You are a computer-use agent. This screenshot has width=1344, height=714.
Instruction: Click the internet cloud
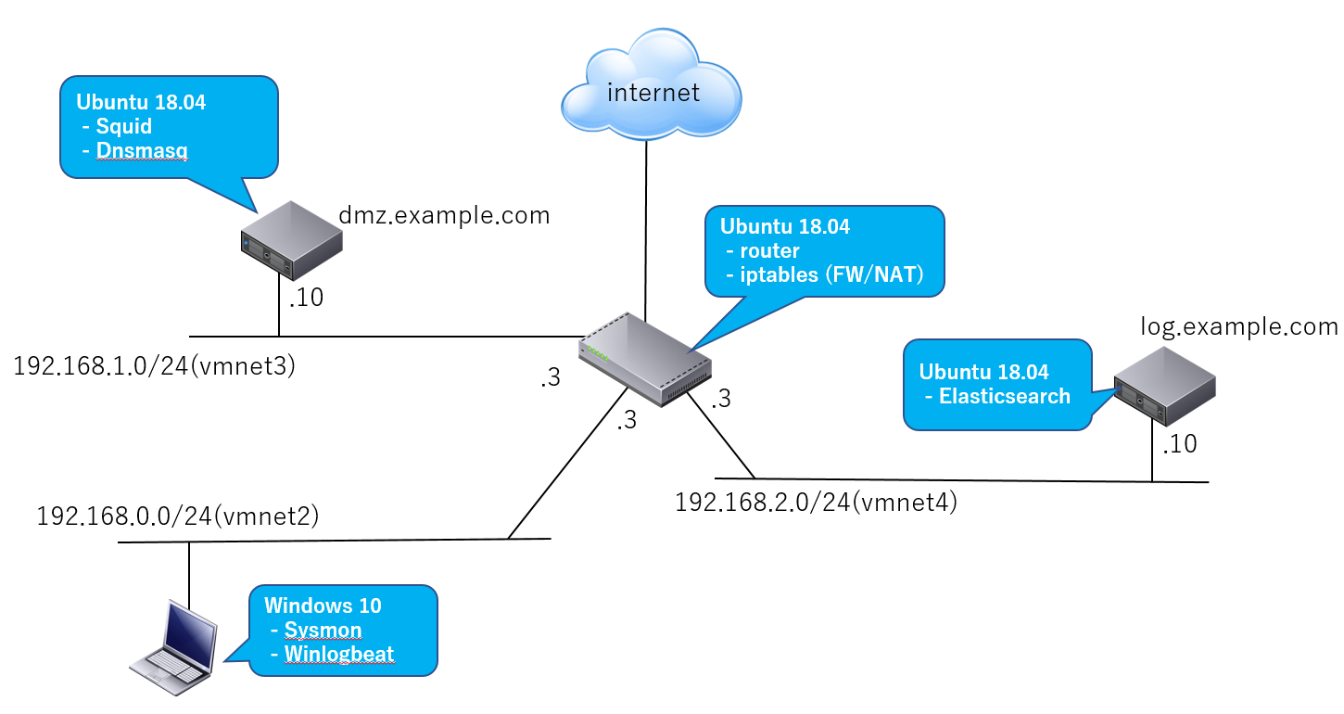pyautogui.click(x=651, y=88)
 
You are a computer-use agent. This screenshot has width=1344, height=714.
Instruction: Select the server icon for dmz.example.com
pyautogui.click(x=290, y=241)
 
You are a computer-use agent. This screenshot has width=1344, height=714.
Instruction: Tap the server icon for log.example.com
pyautogui.click(x=1164, y=387)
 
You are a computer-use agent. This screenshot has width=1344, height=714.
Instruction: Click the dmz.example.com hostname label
pyautogui.click(x=444, y=215)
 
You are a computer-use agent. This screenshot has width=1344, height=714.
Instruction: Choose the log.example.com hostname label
pyautogui.click(x=1239, y=326)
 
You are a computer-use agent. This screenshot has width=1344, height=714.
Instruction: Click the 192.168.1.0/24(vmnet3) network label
pyautogui.click(x=154, y=366)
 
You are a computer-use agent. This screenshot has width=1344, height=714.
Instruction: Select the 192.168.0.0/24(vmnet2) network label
pyautogui.click(x=178, y=516)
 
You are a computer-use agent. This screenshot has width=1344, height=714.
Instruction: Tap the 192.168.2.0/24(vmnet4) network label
pyautogui.click(x=816, y=503)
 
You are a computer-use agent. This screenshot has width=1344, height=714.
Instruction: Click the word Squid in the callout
pyautogui.click(x=123, y=127)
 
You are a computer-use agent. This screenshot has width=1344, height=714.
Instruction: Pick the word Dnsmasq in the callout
pyautogui.click(x=141, y=151)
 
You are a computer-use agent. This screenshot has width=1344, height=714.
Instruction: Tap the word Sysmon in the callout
pyautogui.click(x=322, y=631)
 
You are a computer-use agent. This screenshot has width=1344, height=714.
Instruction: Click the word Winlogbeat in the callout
pyautogui.click(x=338, y=654)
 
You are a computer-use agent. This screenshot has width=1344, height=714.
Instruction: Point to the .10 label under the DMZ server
pyautogui.click(x=306, y=300)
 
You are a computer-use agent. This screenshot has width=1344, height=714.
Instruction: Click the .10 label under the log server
pyautogui.click(x=1179, y=444)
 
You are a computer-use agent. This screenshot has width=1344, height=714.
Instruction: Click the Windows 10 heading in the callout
pyautogui.click(x=323, y=606)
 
